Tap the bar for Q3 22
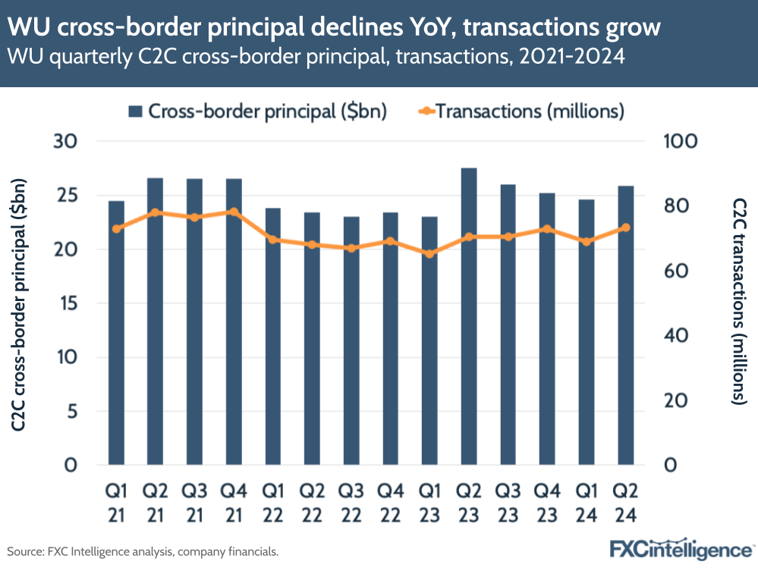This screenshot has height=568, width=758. pos(351,340)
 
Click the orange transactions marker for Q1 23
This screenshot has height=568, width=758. pos(429,253)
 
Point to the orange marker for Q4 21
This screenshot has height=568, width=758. pos(234,212)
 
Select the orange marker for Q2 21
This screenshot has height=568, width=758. pos(156,212)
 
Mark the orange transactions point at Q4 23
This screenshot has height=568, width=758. pos(547,229)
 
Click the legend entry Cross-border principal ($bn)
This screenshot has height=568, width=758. pos(258,111)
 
